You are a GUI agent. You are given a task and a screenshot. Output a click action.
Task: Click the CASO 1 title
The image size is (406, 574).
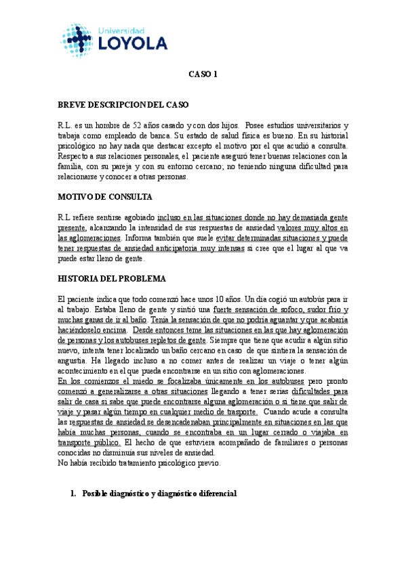tap(203, 76)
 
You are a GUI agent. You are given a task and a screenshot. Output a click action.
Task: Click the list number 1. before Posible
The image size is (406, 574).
tap(73, 494)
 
